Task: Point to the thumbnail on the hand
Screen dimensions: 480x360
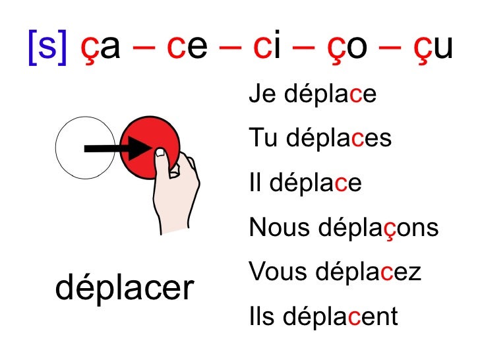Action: point(160,153)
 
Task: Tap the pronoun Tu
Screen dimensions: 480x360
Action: point(260,138)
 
